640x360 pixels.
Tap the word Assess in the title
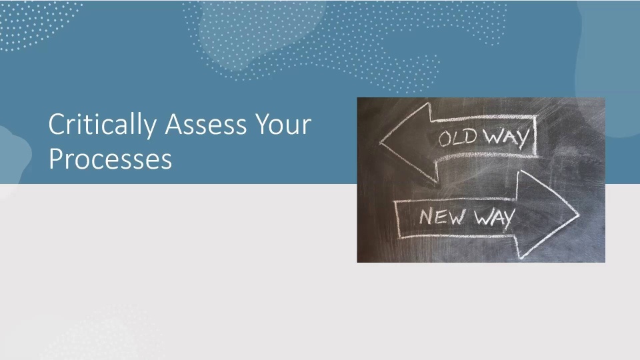point(206,125)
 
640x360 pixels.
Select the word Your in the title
point(283,125)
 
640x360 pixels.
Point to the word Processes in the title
point(110,159)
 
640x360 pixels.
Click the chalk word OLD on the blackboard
point(458,138)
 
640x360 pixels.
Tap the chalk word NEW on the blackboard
point(442,216)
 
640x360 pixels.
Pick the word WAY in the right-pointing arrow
point(494,217)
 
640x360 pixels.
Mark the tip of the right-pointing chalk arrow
point(579,214)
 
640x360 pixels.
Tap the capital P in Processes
point(55,159)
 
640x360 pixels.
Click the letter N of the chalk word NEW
point(427,216)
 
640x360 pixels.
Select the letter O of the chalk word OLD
point(445,139)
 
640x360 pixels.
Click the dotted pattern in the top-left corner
point(37,25)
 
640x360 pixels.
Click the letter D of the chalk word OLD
point(470,136)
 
